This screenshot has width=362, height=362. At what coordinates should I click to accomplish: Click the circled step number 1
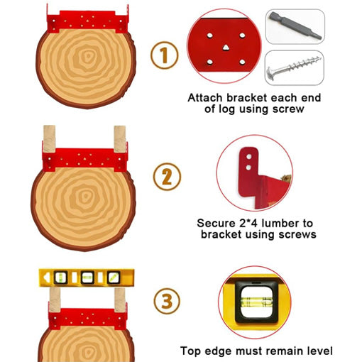[x=165, y=55]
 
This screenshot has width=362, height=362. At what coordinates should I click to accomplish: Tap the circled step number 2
[x=167, y=177]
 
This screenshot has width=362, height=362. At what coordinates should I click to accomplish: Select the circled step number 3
[x=167, y=301]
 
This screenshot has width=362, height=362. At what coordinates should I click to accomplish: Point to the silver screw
[x=294, y=67]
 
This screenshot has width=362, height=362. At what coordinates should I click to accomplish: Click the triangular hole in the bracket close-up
[x=226, y=48]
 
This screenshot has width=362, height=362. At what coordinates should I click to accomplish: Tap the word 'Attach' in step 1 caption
[x=205, y=98]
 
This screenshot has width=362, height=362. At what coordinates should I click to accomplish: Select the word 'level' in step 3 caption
[x=320, y=351]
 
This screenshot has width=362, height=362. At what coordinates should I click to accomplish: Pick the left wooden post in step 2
[x=49, y=139]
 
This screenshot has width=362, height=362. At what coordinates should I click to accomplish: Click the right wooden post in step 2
[x=120, y=139]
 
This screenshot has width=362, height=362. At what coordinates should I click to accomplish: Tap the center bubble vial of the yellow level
[x=87, y=278]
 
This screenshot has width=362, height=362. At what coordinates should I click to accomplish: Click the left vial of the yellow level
[x=60, y=278]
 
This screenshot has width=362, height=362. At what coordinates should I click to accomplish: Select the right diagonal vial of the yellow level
[x=114, y=278]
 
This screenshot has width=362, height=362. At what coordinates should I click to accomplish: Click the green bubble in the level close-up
[x=256, y=302]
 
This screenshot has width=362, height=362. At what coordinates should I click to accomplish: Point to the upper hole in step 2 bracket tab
[x=249, y=157]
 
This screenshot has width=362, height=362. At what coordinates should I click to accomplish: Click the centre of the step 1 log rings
[x=87, y=57]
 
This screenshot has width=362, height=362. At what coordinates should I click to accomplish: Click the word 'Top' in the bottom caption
[x=190, y=351]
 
